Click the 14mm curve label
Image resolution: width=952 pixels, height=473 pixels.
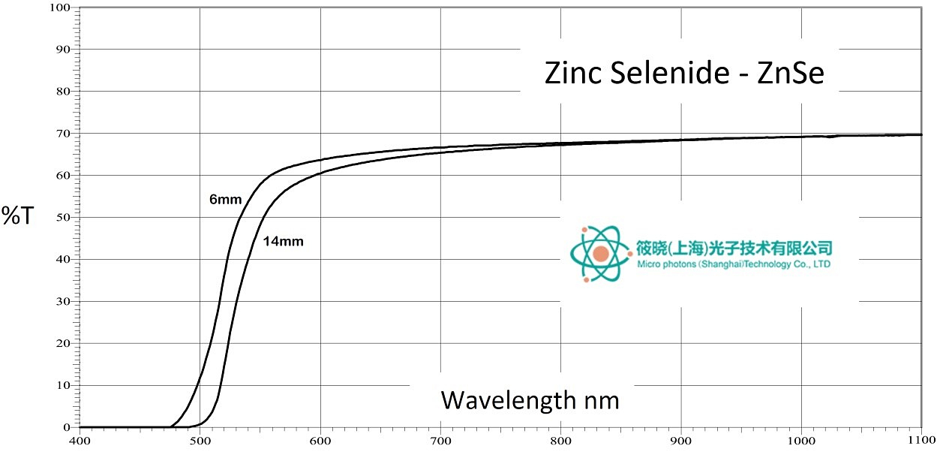[283, 242]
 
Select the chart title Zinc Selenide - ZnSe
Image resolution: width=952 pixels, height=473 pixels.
[683, 74]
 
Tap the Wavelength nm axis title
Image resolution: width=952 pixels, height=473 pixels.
[530, 400]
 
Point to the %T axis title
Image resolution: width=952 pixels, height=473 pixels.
[18, 216]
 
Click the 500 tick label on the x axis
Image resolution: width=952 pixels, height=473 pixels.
[200, 441]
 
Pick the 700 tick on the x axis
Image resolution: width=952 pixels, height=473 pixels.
[440, 441]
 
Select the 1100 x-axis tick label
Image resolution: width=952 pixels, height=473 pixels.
[920, 441]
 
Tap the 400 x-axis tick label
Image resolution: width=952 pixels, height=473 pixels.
[80, 441]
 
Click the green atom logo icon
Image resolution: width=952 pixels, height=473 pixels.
[600, 254]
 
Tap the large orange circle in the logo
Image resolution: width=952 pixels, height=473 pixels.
[600, 254]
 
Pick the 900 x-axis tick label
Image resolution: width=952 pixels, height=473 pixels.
[681, 441]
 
